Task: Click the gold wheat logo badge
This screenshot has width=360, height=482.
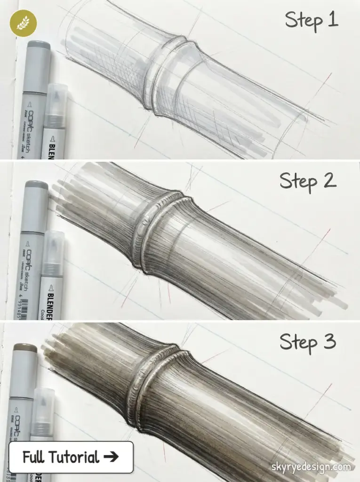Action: (23, 23)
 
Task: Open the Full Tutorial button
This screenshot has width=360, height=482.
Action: (71, 457)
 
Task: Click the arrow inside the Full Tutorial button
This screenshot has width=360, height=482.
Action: (112, 457)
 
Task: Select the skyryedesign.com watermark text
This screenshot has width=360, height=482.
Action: (311, 467)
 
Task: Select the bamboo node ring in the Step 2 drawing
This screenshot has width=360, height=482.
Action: (155, 231)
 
